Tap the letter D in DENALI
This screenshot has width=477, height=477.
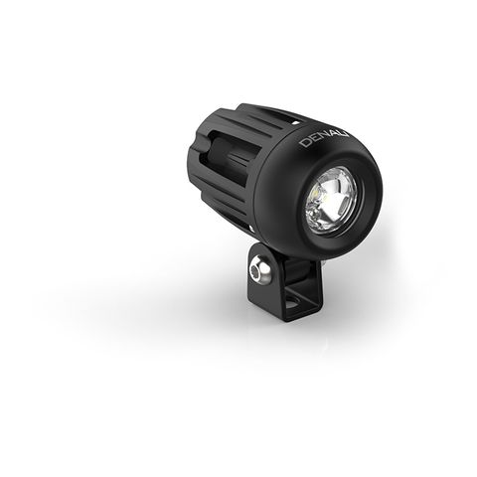click(304, 143)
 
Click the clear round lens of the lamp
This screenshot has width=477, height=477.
click(331, 202)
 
